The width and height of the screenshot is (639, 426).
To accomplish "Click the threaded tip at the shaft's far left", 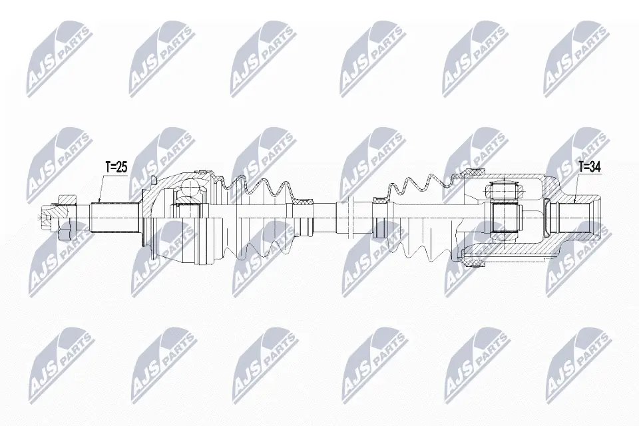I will pos(46,217).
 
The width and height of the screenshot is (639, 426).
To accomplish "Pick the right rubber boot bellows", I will pos(419,217).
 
